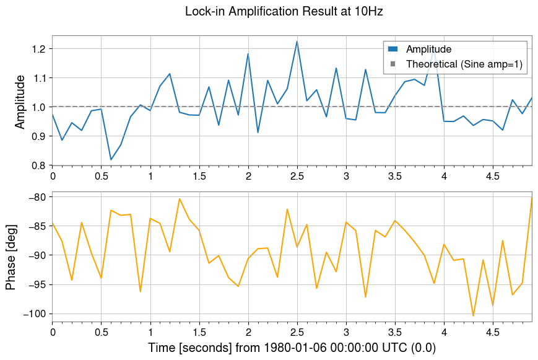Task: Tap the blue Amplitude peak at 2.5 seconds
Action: pos(297,42)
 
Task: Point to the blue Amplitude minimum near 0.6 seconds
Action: pos(111,160)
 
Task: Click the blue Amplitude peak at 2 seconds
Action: pos(248,54)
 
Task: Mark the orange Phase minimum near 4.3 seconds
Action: pos(473,316)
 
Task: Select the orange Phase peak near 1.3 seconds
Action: pos(180,199)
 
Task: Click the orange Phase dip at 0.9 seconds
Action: pos(141,291)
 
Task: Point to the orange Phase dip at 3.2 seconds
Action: pos(365,297)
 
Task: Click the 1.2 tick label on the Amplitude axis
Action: pos(38,49)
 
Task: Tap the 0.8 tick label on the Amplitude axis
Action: pos(38,165)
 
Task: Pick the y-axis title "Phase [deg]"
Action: pos(11,255)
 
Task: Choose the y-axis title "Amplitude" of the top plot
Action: pos(20,101)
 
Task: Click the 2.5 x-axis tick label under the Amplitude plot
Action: pos(297,177)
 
